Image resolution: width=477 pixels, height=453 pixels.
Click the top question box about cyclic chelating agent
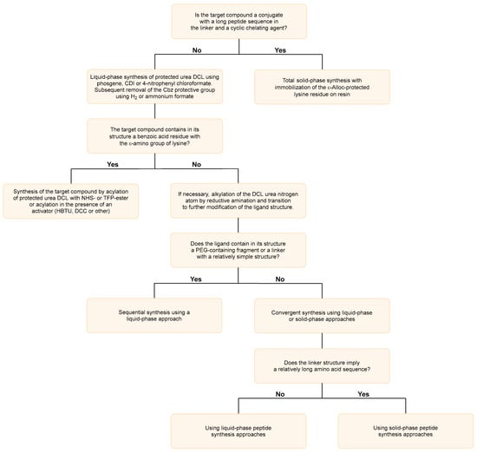239,22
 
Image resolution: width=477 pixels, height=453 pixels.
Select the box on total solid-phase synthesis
322,87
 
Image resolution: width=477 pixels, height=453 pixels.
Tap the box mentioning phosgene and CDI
155,87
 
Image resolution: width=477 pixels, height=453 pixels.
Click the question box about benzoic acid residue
155,136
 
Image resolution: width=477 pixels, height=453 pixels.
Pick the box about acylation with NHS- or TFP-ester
71,201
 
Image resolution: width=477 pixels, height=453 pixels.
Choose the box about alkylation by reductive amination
238,200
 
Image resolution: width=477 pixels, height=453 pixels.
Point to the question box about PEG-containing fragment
238,250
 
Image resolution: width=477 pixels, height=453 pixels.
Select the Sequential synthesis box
154,315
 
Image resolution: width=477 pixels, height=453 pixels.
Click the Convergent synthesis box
322,316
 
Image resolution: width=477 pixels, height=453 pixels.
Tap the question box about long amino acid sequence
322,366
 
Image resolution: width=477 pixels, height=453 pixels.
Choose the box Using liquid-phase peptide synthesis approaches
238,431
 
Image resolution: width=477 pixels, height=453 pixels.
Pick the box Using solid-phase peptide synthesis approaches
406,431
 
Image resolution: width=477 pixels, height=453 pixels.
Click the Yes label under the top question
280,50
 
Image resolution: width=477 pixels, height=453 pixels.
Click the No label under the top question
197,50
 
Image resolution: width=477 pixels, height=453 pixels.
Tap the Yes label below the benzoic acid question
113,164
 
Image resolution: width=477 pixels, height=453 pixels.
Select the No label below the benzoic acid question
197,164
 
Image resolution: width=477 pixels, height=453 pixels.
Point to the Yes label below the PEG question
196,279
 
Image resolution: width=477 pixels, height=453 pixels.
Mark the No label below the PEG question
280,279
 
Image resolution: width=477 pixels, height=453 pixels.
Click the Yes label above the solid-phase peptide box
363,394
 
